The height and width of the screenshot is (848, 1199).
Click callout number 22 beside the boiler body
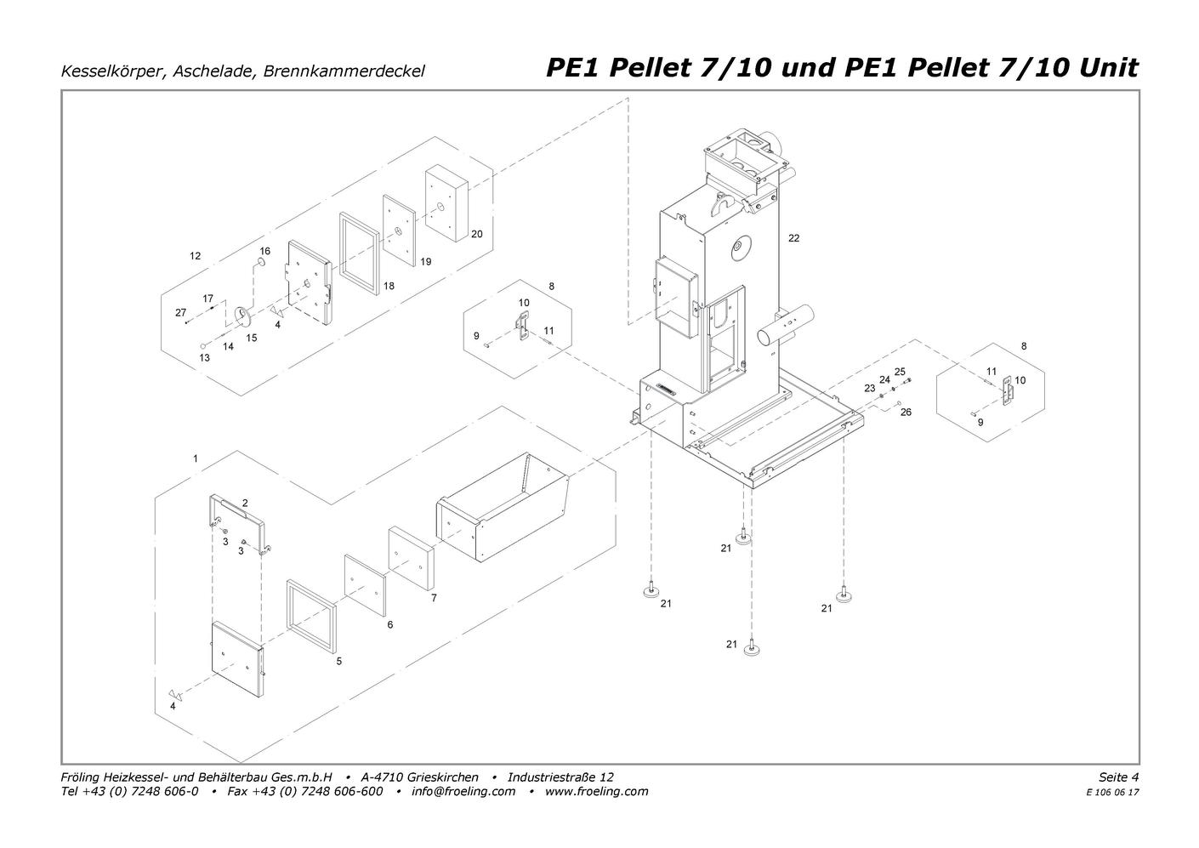793,238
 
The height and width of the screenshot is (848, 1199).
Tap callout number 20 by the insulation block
476,234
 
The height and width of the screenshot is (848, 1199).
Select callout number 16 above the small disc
265,251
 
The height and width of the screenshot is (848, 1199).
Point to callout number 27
181,313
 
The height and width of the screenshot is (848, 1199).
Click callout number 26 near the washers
906,413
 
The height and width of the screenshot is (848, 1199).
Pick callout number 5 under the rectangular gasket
338,661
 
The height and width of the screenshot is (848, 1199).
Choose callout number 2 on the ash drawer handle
245,504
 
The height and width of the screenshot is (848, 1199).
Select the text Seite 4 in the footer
1119,777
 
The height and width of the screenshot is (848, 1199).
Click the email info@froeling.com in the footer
463,791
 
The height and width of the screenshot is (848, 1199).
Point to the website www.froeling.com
596,791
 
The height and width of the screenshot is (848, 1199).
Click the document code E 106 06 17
1113,793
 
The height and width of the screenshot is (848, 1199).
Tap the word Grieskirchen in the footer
443,777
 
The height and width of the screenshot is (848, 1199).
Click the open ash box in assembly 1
503,507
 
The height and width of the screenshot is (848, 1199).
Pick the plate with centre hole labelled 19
400,230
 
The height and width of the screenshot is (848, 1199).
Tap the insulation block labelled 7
412,557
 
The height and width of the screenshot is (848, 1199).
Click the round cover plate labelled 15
243,317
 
